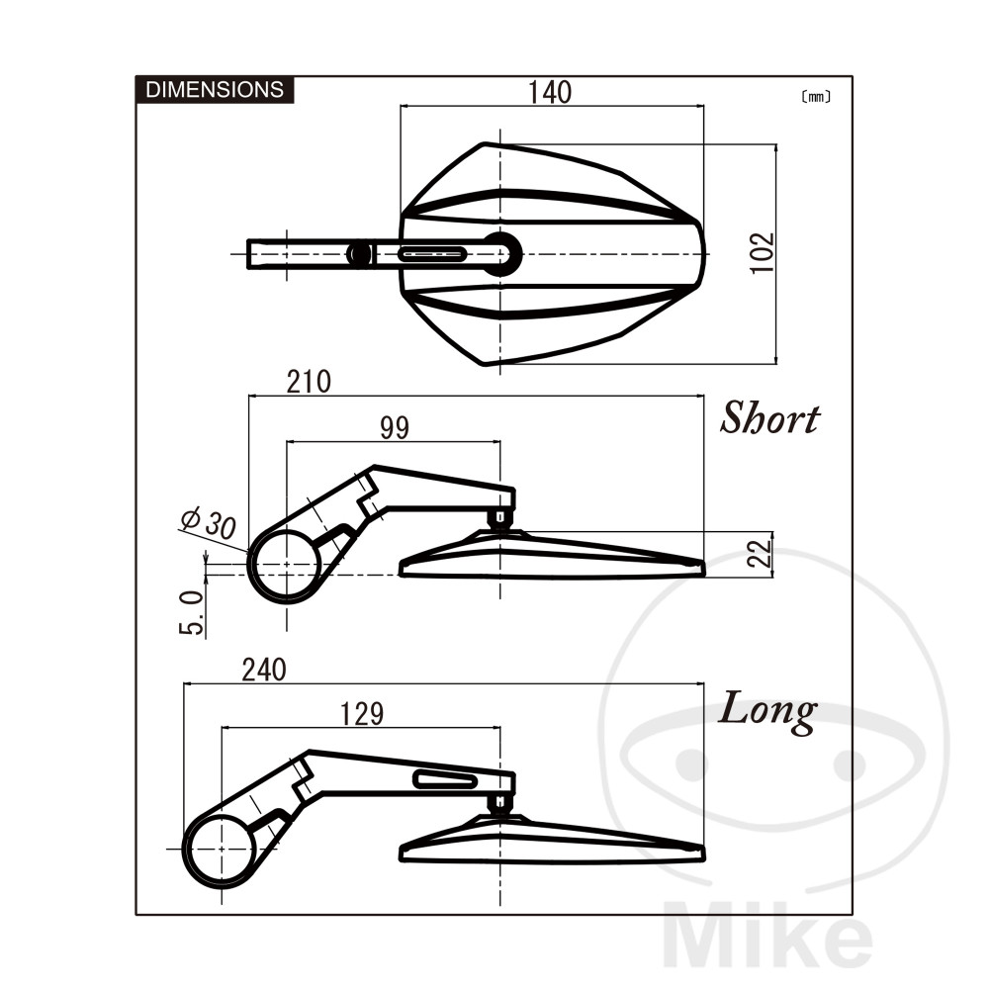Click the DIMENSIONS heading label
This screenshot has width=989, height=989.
click(215, 90)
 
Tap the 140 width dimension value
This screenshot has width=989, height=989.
click(550, 92)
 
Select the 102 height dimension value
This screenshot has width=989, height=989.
click(762, 253)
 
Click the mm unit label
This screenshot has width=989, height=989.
click(816, 97)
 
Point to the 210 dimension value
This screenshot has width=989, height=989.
click(309, 382)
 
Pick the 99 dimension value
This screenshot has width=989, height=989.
click(395, 427)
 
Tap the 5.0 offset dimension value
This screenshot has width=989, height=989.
click(192, 612)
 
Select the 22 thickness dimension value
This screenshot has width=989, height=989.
click(760, 553)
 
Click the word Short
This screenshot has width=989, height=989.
click(769, 417)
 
